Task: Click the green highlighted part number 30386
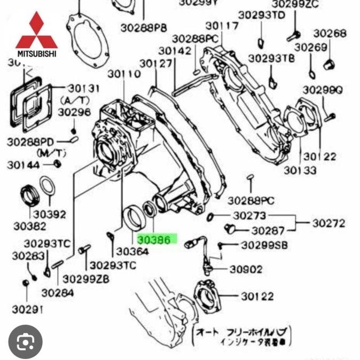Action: pos(154,240)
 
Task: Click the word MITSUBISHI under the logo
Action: pos(36,53)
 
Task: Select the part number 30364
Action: pos(132,251)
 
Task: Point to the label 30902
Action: pos(246,269)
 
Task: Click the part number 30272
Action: pos(329,223)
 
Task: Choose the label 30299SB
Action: pos(264,245)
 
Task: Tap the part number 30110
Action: pos(124,74)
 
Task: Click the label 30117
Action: pos(222,26)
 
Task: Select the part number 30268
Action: pos(330,33)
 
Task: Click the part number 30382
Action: pos(29,226)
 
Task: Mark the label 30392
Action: pos(50,215)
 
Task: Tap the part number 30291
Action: pos(27,310)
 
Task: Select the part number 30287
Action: pos(269,231)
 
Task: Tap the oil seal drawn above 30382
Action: pos(29,195)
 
